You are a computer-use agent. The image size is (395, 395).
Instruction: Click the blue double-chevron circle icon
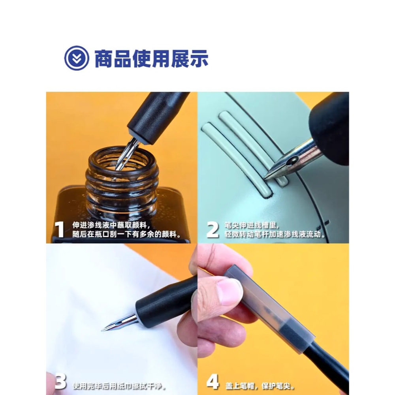(76, 58)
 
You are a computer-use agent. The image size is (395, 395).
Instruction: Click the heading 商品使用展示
(151, 58)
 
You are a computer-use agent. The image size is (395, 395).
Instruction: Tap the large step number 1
(59, 230)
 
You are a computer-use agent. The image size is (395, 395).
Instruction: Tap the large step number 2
(212, 230)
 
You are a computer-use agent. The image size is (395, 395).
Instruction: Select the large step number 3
(60, 382)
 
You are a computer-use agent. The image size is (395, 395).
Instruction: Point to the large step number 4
(212, 382)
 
